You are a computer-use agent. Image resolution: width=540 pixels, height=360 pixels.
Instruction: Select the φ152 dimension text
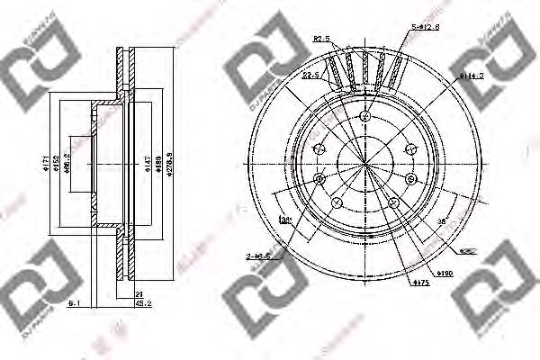pos(53,164)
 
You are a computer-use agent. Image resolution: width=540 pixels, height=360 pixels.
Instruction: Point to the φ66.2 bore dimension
pos(67,165)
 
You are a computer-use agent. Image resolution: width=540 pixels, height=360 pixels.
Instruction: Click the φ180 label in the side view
pos(159,164)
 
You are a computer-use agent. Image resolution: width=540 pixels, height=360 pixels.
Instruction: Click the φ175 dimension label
pos(420,283)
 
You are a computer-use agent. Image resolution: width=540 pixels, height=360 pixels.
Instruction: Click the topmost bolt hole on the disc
pos(364,117)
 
